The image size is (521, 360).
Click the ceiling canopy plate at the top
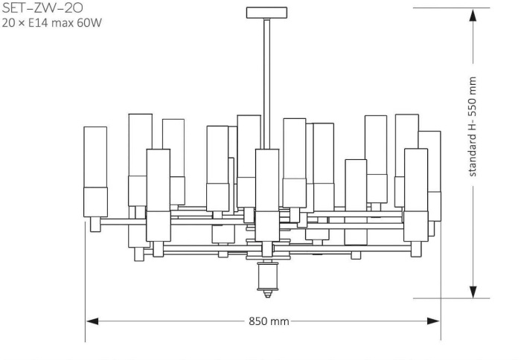(x=266, y=12)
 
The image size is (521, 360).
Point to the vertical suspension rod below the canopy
(x=266, y=74)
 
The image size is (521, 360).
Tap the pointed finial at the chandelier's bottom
(x=266, y=292)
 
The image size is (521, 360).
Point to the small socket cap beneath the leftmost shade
(x=95, y=225)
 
